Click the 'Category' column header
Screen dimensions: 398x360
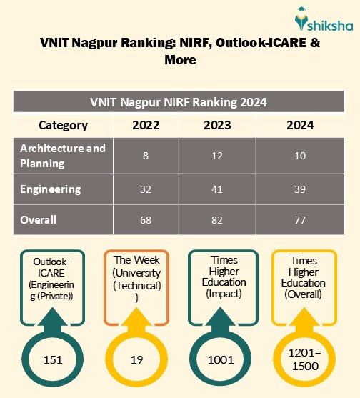coord(63,125)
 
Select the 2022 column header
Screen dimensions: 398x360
coord(145,125)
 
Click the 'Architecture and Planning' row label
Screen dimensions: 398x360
coord(63,155)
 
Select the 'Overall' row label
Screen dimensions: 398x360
coord(39,219)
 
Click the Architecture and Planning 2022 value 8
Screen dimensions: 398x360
coord(145,156)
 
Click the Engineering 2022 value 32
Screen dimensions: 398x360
coord(145,189)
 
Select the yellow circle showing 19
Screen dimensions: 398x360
coord(136,359)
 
